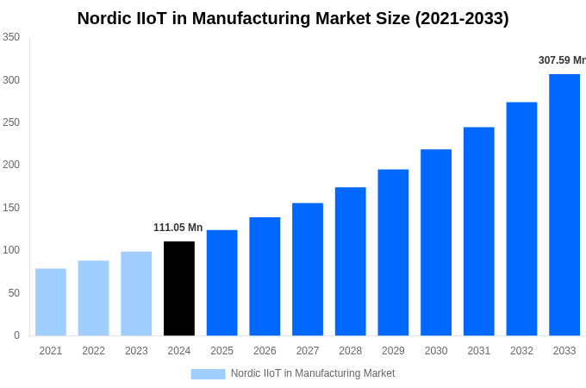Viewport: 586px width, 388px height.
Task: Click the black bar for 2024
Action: (x=179, y=288)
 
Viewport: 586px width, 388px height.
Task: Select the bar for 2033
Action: (x=564, y=204)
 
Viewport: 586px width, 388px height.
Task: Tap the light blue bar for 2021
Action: (x=51, y=302)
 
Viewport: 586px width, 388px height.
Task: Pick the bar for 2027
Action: (x=308, y=269)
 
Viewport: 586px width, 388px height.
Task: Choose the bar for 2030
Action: (x=436, y=242)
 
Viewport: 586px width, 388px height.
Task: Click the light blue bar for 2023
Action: (x=136, y=293)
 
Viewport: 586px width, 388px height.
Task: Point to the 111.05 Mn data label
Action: (x=178, y=228)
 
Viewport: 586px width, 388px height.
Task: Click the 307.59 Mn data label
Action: (x=562, y=60)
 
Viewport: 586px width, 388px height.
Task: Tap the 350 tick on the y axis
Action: (x=11, y=37)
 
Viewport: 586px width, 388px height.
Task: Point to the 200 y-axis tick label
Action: (x=11, y=165)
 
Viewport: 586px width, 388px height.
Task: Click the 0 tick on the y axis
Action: (x=16, y=335)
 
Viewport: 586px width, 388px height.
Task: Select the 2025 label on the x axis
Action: (x=221, y=351)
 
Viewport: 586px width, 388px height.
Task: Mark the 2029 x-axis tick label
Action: (x=393, y=351)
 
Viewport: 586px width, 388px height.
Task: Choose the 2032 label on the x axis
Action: (x=521, y=351)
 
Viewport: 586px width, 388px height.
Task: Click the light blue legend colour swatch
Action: (x=208, y=373)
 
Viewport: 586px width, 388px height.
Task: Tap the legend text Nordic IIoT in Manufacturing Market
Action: (x=313, y=373)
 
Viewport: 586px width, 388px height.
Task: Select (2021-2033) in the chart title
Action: (x=462, y=18)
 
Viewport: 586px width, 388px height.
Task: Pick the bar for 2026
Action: (x=265, y=276)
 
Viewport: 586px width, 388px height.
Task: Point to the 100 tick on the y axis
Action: (x=11, y=250)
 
